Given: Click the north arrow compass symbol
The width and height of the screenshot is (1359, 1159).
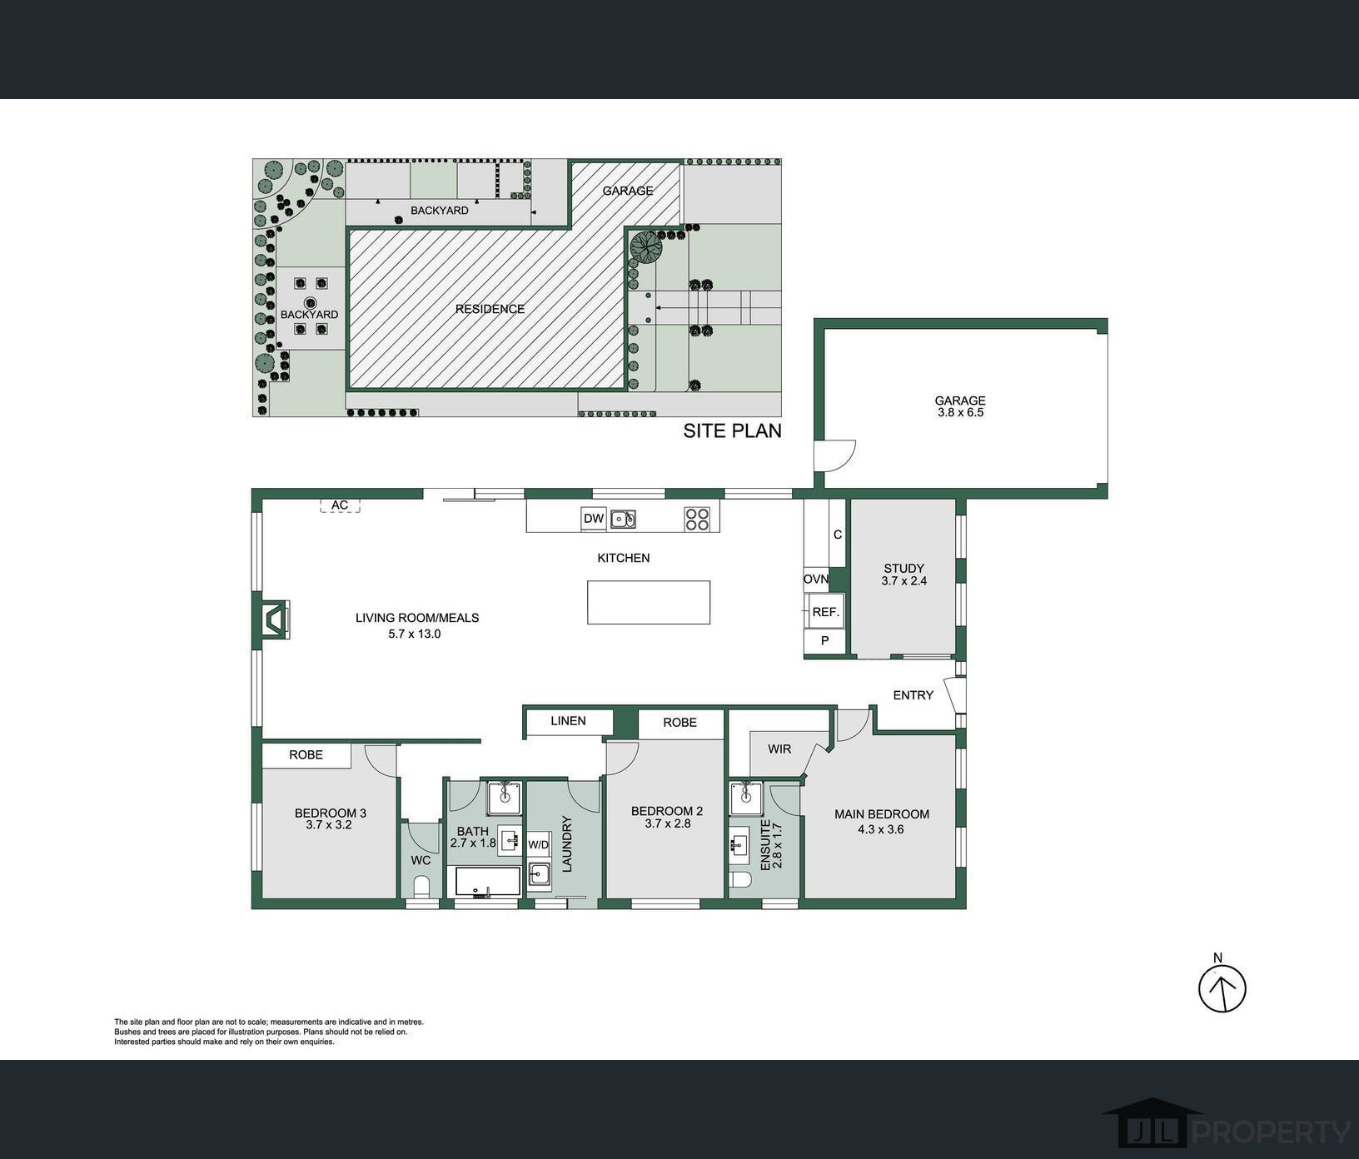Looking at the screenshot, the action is tap(1222, 988).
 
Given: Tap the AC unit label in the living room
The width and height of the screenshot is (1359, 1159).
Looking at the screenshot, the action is tap(340, 505).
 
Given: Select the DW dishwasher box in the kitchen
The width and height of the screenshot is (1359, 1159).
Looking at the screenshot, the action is tap(594, 519).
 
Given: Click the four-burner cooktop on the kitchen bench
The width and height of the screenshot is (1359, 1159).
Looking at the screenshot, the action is tap(697, 519).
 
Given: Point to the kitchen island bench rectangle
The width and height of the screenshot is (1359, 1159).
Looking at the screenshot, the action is tap(649, 602).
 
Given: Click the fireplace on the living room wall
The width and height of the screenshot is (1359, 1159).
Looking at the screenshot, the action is tap(274, 620).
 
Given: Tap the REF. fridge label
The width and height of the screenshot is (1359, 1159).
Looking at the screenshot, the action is tap(825, 612).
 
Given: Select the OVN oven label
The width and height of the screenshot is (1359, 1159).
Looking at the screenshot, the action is tap(816, 579).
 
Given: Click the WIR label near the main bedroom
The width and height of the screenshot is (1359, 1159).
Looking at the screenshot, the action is tap(779, 749).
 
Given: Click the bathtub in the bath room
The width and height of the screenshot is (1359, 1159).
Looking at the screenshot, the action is tap(485, 882).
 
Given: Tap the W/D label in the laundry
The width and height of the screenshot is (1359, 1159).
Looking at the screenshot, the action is tap(539, 845).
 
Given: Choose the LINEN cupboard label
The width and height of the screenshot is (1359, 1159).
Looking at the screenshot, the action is tap(568, 721).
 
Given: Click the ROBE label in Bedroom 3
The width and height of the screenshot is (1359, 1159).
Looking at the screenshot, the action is tap(306, 755).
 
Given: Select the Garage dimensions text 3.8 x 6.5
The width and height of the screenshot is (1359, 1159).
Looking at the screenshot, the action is tap(960, 412).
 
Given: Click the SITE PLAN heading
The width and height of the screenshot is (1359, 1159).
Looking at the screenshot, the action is tap(733, 430).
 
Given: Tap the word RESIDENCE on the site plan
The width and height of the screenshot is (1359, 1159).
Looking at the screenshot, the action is tap(490, 309).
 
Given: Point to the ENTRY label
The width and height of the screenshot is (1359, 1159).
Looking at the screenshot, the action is tap(913, 695).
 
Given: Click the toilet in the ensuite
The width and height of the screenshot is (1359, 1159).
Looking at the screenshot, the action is tap(739, 882).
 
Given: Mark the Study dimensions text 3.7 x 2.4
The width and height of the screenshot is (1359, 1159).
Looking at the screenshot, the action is tap(904, 581).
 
